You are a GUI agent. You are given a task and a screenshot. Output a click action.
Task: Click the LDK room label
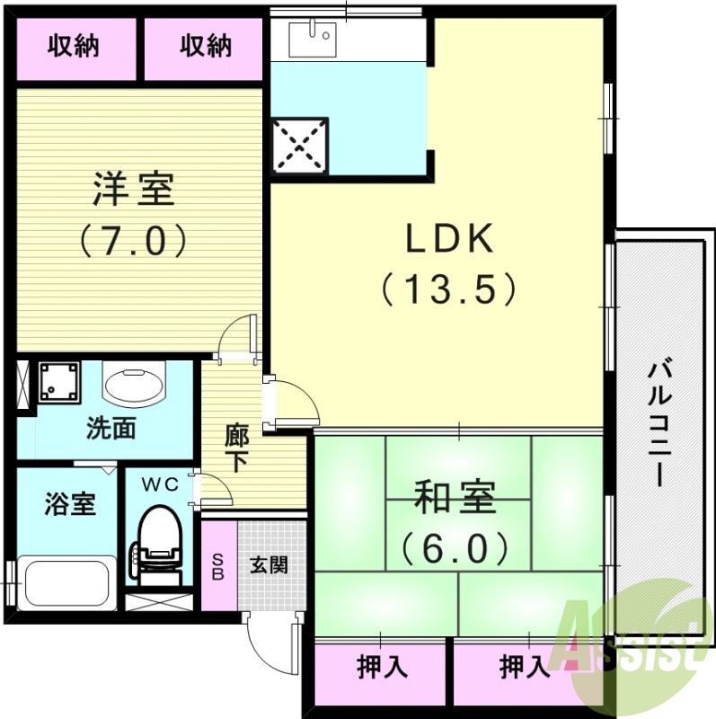[x=448, y=240]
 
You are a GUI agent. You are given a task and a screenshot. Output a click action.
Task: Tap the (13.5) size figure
[x=448, y=288]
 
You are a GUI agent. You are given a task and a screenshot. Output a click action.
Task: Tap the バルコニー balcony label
[x=663, y=422]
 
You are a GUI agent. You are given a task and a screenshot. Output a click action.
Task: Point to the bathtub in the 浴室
[x=68, y=582]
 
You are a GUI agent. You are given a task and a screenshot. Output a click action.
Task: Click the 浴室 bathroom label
[x=69, y=504]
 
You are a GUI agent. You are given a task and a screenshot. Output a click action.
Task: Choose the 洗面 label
[x=111, y=429]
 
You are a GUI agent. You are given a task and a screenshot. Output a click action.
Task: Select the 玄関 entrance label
[x=269, y=565]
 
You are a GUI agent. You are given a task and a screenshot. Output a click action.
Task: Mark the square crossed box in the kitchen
[x=299, y=145]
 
